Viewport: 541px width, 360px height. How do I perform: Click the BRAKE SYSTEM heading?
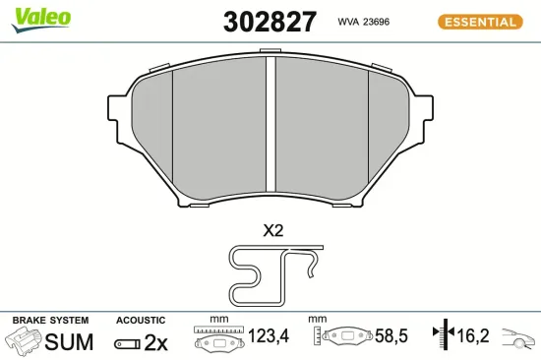(50, 321)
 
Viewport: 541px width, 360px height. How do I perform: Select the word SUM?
(71, 342)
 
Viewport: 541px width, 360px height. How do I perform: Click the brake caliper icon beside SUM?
(26, 341)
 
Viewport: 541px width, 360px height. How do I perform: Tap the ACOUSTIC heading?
(142, 321)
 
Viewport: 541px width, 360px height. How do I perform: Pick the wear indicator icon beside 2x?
(127, 343)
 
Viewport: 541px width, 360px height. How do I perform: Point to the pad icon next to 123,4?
(218, 339)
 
